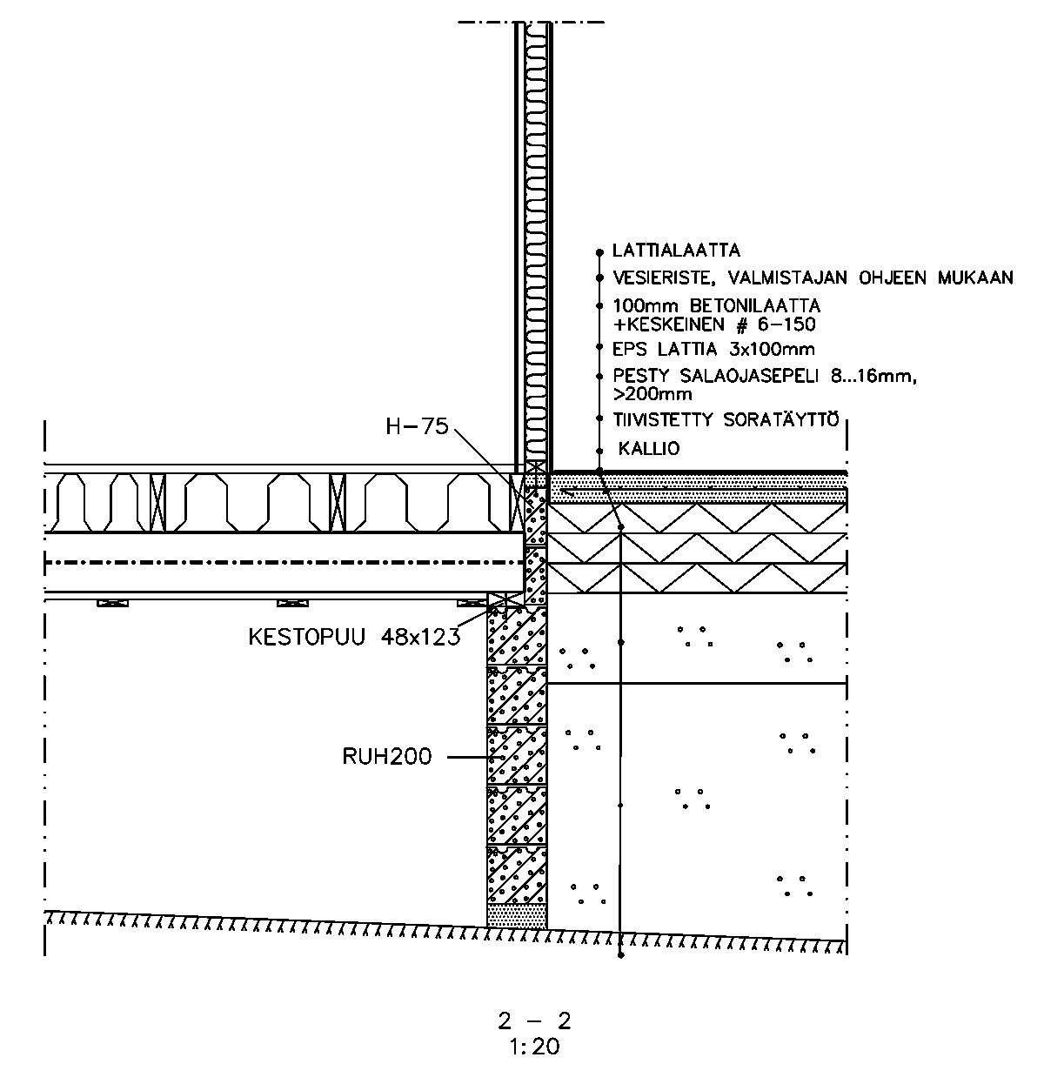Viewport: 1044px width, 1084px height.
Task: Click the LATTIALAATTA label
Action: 676,251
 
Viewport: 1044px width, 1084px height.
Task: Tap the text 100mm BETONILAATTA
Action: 717,307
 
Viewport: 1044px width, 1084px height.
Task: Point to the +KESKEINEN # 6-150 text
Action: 714,325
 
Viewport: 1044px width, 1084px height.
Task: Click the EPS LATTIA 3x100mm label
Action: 713,350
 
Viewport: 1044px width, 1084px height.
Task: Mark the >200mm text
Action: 652,394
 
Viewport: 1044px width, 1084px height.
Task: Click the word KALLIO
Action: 649,449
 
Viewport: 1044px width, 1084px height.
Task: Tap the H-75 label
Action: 417,426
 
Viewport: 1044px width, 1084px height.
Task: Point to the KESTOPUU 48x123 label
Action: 353,637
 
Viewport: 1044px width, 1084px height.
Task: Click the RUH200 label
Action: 386,757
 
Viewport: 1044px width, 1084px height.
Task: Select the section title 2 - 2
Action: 534,1020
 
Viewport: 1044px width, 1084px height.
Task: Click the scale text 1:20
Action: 535,1047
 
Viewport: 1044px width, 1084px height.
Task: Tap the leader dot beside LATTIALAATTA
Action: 599,252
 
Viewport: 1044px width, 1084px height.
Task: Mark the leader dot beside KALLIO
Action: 599,451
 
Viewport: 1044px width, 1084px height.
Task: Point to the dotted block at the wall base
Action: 517,915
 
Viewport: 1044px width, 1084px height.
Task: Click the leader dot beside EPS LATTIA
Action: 599,347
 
